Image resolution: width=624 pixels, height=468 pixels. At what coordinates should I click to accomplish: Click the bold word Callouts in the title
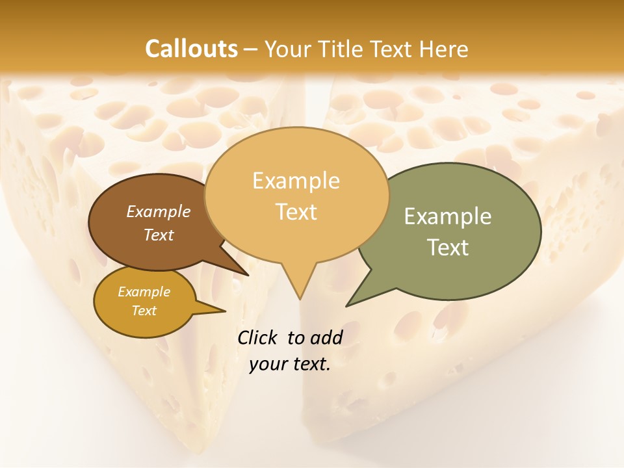point(191,49)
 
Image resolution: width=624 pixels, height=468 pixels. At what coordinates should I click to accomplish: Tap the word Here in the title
point(445,49)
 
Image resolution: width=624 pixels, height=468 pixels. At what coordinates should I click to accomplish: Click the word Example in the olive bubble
point(448,216)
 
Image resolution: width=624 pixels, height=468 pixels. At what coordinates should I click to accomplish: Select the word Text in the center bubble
point(296,212)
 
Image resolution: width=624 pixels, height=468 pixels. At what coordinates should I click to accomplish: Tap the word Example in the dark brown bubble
point(159,211)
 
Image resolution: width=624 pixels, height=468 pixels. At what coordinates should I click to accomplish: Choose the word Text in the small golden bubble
point(144,311)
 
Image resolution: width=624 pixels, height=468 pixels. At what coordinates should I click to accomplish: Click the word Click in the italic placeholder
point(258,337)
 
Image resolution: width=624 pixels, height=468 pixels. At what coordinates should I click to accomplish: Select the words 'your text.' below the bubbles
point(290,364)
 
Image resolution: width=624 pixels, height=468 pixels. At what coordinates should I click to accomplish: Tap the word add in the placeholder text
point(326,337)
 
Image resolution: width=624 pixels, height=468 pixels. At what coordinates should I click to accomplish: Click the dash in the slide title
point(252,49)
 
